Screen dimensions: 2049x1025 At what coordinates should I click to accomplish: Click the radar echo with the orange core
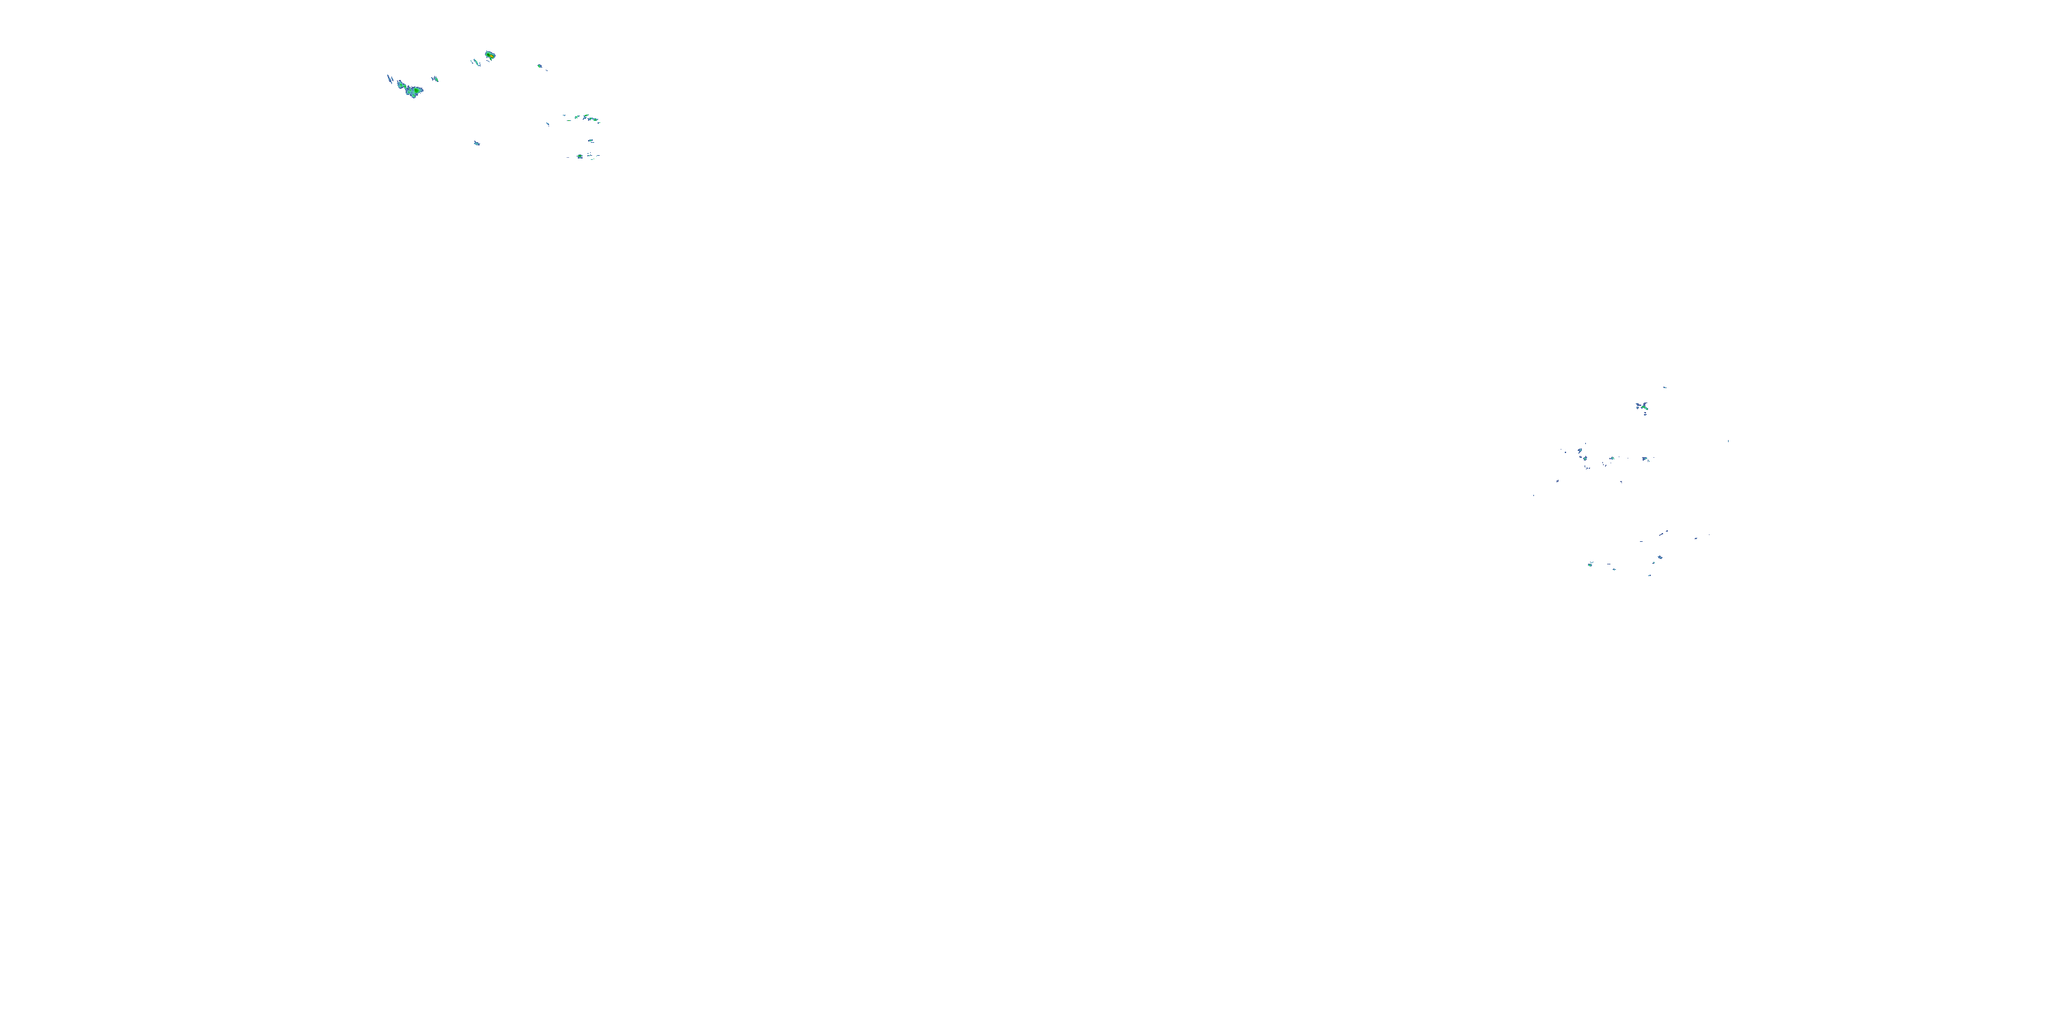[x=490, y=56]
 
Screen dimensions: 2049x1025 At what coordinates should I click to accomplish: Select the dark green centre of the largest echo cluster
[x=413, y=91]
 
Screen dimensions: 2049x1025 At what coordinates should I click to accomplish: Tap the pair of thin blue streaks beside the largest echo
[x=390, y=79]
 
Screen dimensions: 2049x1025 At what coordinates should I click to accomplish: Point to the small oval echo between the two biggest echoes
[x=434, y=78]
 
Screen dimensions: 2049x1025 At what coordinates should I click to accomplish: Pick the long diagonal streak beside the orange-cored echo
[x=475, y=61]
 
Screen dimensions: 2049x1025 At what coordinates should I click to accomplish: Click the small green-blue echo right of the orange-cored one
[x=540, y=66]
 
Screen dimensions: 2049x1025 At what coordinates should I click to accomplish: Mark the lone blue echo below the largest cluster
[x=477, y=143]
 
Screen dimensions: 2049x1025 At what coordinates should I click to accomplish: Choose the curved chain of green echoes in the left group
[x=587, y=118]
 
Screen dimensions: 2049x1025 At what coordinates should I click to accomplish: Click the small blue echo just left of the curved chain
[x=547, y=124]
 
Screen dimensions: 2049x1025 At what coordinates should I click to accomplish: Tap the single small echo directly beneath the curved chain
[x=591, y=141]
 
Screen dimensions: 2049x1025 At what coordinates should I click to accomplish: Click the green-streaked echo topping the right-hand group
[x=1642, y=407]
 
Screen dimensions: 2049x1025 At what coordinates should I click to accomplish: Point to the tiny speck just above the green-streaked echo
[x=1664, y=387]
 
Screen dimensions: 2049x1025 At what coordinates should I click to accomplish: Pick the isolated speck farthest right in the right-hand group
[x=1728, y=441]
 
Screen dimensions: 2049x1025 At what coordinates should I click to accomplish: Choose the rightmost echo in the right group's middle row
[x=1645, y=459]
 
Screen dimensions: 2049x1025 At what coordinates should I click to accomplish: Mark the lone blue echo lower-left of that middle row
[x=1557, y=480]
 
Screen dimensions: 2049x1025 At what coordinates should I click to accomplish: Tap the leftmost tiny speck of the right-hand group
[x=1533, y=495]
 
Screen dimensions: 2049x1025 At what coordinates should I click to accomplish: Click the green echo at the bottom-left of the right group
[x=1590, y=564]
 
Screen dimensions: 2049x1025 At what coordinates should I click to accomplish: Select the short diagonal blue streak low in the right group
[x=1663, y=532]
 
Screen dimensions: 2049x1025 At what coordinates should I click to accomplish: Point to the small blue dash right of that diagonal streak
[x=1695, y=538]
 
